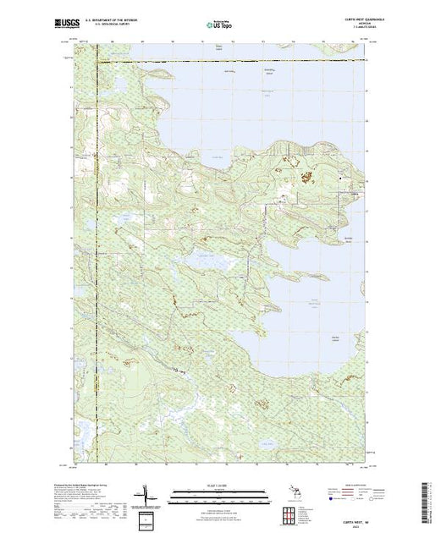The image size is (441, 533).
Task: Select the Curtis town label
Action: point(356,194)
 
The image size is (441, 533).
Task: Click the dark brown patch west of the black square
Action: point(307,174)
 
